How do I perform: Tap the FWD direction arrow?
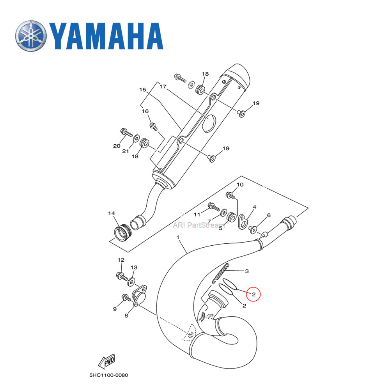tap(106, 363)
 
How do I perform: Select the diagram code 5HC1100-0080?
tap(108, 376)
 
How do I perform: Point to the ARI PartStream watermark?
tap(199, 225)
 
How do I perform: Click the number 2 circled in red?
tap(253, 294)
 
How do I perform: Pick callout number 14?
tap(112, 213)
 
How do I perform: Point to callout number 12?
tap(121, 260)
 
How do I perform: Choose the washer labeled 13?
tap(132, 281)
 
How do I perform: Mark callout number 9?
tap(115, 309)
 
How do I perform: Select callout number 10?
tap(240, 184)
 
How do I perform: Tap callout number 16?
tap(145, 111)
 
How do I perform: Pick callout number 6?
tap(269, 215)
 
